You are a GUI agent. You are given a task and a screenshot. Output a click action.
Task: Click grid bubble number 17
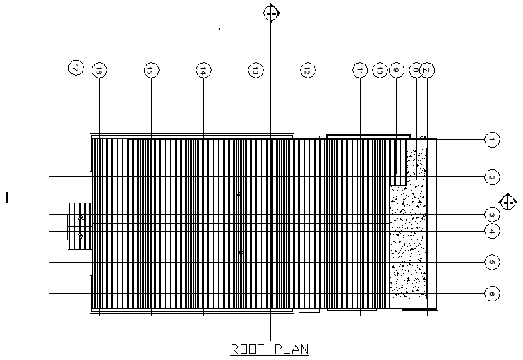[76, 68]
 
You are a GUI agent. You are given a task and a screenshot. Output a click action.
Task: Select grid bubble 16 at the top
[99, 70]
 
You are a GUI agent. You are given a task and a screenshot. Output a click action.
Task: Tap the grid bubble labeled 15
[151, 70]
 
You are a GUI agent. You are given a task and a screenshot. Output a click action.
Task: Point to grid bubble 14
[203, 70]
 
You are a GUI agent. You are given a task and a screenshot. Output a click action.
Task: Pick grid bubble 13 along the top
[256, 70]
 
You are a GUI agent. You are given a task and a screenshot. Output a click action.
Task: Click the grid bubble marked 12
[308, 70]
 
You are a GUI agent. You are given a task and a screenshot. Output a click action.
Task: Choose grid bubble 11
[360, 70]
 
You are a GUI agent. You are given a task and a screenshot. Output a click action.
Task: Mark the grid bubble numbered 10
[380, 70]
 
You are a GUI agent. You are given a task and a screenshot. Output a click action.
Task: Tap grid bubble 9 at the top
[396, 70]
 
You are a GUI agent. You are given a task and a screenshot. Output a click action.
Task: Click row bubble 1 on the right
[492, 140]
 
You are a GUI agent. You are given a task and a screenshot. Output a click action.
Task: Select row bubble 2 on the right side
[492, 176]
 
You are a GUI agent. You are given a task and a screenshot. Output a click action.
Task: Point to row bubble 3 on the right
[492, 214]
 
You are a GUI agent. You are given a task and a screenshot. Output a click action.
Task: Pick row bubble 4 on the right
[492, 231]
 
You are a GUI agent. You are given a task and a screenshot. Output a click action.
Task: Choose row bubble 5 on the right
[492, 262]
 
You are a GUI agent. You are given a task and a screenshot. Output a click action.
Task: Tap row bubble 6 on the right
[492, 293]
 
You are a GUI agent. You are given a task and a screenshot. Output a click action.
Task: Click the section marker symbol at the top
[272, 12]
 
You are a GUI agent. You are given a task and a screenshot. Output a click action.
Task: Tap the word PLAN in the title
[291, 349]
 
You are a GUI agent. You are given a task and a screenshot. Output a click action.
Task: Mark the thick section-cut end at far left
[7, 198]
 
